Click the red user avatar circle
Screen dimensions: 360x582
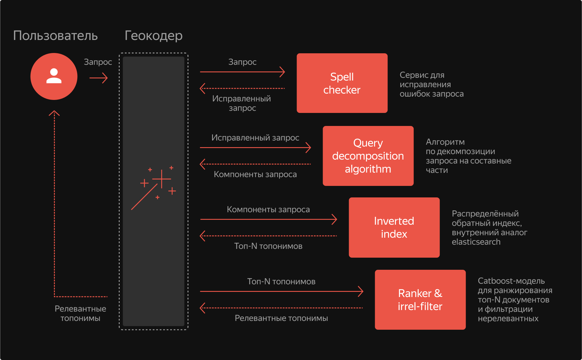54,76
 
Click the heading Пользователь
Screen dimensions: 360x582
55,36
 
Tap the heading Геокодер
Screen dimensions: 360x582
154,36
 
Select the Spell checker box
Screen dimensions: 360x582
342,83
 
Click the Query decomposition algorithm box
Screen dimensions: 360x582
368,156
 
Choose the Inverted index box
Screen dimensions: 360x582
394,227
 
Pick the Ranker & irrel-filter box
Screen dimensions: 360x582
420,300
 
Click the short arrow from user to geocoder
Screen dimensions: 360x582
98,78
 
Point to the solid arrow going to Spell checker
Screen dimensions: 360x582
242,72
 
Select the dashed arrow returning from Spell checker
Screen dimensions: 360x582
242,88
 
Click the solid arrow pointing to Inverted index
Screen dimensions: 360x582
268,219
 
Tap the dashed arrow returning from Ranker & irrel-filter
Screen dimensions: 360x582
281,308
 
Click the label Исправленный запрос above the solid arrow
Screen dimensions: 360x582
255,138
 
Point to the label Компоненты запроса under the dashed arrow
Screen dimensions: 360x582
255,174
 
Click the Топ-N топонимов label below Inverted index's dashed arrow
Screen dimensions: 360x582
268,246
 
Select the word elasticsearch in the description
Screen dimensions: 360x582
476,242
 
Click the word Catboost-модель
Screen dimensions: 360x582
511,281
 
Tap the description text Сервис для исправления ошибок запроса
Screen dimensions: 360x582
431,84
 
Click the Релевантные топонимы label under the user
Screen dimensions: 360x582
80,313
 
